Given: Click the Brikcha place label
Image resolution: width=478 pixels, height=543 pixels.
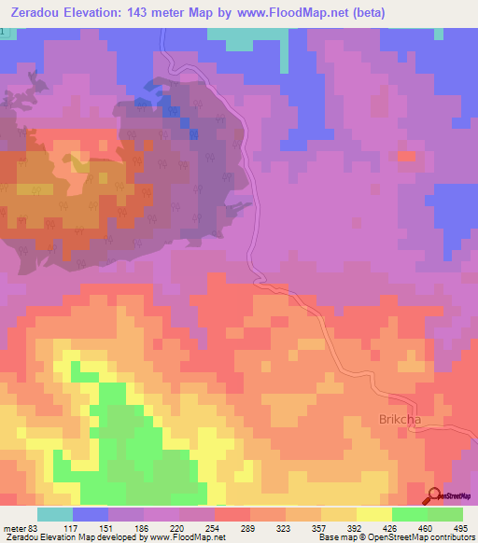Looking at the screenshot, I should pyautogui.click(x=400, y=419).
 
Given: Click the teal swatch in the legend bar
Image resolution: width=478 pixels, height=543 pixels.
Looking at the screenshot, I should pyautogui.click(x=54, y=514).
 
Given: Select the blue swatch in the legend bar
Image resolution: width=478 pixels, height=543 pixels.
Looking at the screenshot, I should pyautogui.click(x=90, y=514).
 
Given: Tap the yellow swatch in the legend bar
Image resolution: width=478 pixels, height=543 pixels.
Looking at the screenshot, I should pyautogui.click(x=373, y=514).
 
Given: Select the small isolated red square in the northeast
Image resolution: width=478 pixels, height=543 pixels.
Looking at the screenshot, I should pyautogui.click(x=406, y=156).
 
